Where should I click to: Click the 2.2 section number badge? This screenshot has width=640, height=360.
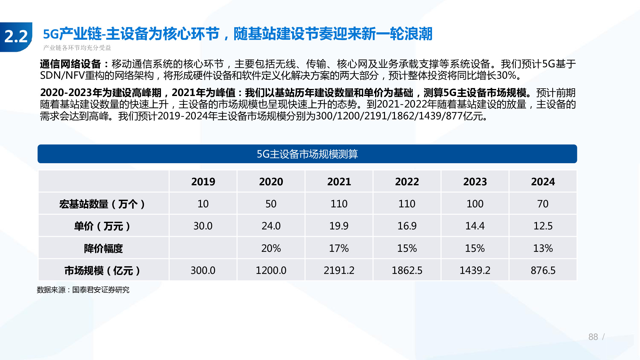click(16, 36)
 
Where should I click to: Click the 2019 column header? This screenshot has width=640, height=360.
click(203, 182)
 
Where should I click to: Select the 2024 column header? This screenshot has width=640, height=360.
click(543, 182)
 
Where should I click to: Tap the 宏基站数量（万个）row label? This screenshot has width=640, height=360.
click(102, 204)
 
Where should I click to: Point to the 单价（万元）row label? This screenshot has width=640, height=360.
click(102, 226)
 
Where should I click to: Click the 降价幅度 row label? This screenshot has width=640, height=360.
click(103, 248)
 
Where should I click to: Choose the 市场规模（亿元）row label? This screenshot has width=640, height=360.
click(102, 271)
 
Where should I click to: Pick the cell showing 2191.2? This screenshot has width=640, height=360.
click(339, 271)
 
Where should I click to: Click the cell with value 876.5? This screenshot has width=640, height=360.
click(543, 271)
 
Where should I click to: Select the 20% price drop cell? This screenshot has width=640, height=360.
click(271, 248)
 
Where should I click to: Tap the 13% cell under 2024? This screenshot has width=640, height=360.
click(543, 248)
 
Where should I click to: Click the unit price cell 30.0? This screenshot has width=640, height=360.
click(203, 226)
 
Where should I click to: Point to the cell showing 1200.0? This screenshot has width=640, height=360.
click(271, 271)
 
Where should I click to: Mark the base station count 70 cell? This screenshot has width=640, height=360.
click(543, 204)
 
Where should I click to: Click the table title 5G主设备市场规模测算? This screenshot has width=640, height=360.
click(307, 154)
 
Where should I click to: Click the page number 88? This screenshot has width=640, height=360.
click(593, 337)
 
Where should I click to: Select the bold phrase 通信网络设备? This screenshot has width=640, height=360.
click(70, 64)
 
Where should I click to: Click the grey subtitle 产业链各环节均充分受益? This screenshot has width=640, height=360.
click(77, 48)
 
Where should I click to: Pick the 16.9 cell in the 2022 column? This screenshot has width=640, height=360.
click(407, 226)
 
